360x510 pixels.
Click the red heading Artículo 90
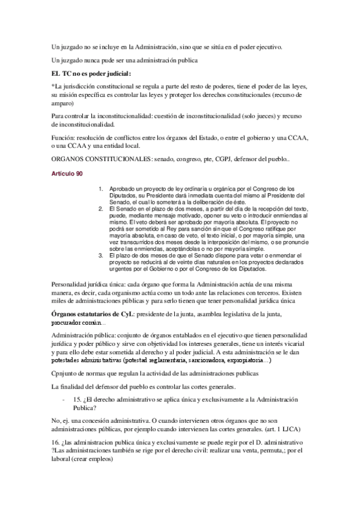(x=67, y=174)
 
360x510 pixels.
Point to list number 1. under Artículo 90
(x=102, y=188)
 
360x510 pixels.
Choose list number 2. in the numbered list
(x=102, y=208)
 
